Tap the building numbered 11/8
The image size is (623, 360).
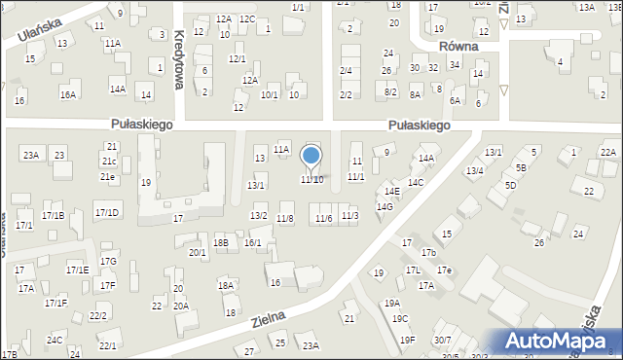point(285,219)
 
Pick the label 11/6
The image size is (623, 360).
point(323,218)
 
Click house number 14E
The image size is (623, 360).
point(391,192)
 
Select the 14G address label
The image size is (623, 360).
point(385,206)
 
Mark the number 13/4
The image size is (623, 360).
point(474,171)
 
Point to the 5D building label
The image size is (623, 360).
point(510,185)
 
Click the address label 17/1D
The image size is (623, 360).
point(107,212)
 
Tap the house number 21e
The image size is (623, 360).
point(107,177)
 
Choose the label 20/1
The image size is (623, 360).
point(198,253)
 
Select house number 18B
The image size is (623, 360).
point(221,242)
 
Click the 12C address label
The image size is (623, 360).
point(247,18)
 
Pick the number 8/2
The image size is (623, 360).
point(390,91)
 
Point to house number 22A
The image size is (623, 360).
point(608,153)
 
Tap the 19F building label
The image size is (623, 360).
point(407,340)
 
